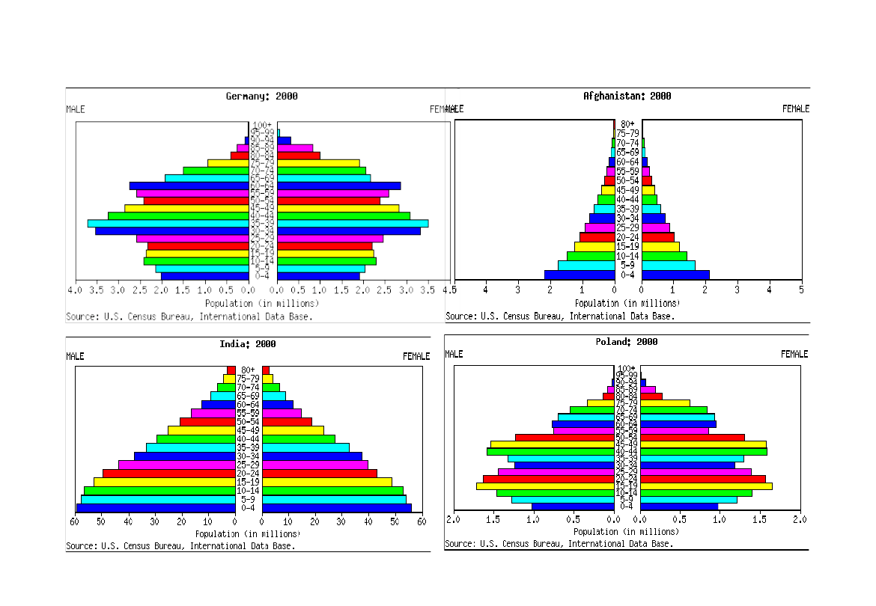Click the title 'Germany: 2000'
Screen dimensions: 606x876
coord(262,97)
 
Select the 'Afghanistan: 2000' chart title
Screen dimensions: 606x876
coord(627,97)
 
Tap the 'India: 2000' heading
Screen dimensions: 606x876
coord(248,344)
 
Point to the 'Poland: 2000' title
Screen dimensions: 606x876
coord(627,342)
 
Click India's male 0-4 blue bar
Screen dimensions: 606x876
coord(156,508)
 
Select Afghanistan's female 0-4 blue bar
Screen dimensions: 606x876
coord(675,275)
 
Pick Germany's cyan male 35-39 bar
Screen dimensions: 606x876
coord(168,223)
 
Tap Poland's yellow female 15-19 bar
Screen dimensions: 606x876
coord(706,486)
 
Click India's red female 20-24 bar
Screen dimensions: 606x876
coord(320,474)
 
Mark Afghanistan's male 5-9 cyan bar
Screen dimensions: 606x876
coord(586,265)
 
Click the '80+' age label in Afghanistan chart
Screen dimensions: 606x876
coord(627,124)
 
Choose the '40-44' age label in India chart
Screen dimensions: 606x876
coord(248,439)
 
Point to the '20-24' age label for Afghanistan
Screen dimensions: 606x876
coord(627,237)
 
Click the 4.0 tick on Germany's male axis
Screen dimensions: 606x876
coord(74,290)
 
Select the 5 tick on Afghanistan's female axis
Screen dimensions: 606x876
coord(801,289)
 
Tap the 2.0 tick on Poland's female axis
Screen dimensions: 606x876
coord(800,519)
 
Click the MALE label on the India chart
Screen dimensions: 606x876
coord(75,356)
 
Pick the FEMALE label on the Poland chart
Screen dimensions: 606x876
coord(794,354)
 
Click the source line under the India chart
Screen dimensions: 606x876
coord(180,545)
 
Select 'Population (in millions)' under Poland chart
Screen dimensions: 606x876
coord(626,532)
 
